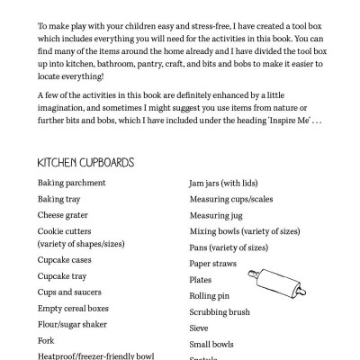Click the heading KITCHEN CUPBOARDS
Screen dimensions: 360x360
click(x=85, y=163)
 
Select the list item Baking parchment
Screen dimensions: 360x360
click(x=71, y=183)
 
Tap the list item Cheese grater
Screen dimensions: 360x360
click(x=63, y=215)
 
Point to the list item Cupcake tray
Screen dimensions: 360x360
click(x=62, y=276)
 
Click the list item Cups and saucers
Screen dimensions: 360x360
click(x=70, y=292)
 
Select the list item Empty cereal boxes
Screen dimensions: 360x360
click(x=76, y=309)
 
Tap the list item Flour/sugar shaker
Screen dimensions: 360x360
click(x=74, y=325)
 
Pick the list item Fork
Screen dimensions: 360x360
click(x=46, y=341)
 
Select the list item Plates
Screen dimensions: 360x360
click(x=201, y=280)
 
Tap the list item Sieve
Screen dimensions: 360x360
click(x=199, y=328)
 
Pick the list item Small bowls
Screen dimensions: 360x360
click(x=211, y=345)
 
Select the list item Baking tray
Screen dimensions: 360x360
click(x=59, y=199)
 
